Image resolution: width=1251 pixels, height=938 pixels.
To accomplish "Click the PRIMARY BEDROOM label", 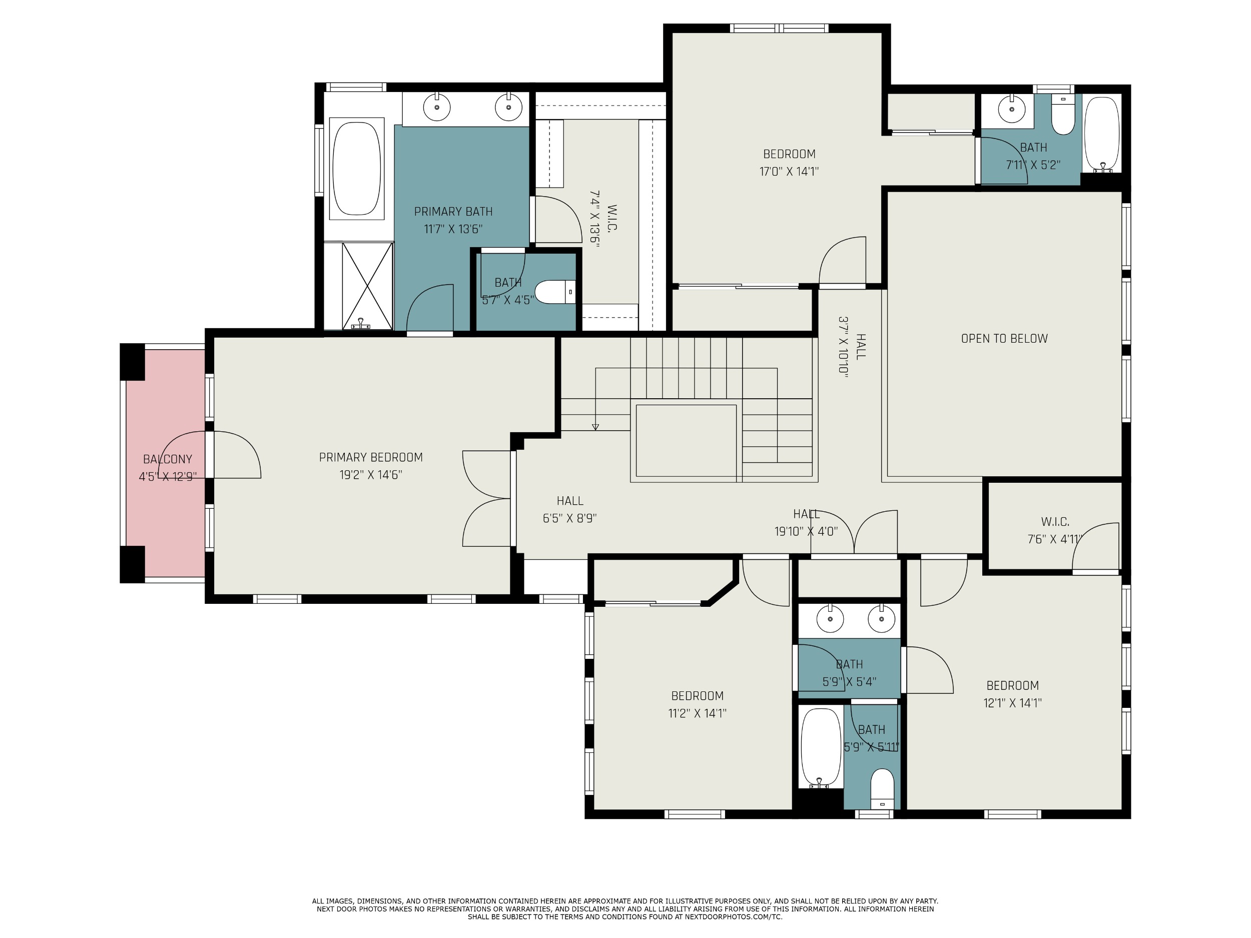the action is pos(370,457).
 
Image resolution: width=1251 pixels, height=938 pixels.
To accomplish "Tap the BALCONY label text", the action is pos(168,459).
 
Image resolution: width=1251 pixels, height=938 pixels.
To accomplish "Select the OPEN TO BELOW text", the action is pos(1004,339).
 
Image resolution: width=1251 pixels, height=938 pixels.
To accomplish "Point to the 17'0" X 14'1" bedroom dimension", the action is pos(789,171).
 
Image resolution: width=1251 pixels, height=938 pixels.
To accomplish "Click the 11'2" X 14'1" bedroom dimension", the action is pos(698,713).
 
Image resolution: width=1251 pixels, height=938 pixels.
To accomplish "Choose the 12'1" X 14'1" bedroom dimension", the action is pos(1012,703).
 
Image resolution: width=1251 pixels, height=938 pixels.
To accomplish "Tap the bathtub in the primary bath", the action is pos(357,169).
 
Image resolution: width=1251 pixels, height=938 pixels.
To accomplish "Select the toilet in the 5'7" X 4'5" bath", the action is pos(555,292).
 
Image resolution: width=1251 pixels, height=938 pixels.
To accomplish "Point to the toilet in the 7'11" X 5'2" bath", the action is pos(1063,115).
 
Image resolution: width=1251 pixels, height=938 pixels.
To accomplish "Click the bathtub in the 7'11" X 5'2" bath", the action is pos(1102,135).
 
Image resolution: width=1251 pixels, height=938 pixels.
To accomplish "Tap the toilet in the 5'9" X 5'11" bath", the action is pos(882,789).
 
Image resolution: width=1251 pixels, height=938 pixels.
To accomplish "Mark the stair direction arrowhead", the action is pos(595,427).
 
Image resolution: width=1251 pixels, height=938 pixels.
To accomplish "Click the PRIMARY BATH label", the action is pos(453,212).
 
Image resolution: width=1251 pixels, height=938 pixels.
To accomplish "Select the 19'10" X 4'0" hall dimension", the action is pos(806,531).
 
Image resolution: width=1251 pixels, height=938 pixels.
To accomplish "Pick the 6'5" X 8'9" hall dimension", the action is pos(569,518).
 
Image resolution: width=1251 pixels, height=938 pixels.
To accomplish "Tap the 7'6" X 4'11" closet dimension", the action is pos(1055,539).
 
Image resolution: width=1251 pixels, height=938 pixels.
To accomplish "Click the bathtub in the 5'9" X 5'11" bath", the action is pos(821,748).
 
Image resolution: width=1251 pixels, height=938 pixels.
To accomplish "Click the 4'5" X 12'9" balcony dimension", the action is pos(168,477).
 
